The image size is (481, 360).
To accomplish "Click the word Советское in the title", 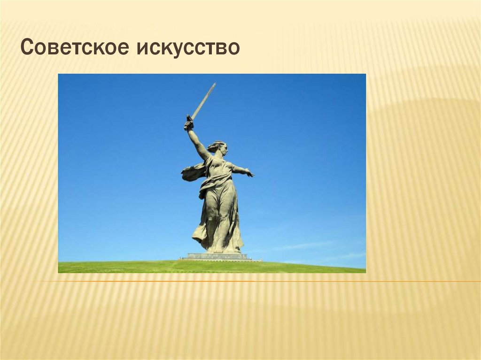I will [75, 48].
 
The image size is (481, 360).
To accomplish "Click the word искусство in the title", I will [188, 48].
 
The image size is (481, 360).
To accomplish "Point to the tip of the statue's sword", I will [214, 84].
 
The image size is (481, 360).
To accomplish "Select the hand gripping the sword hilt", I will [189, 124].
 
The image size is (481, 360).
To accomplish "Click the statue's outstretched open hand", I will [249, 174].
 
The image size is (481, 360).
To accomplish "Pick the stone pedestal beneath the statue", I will [217, 256].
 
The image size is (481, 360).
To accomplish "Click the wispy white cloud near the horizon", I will [310, 245].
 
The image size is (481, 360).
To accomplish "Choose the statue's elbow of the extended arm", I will [235, 168].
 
